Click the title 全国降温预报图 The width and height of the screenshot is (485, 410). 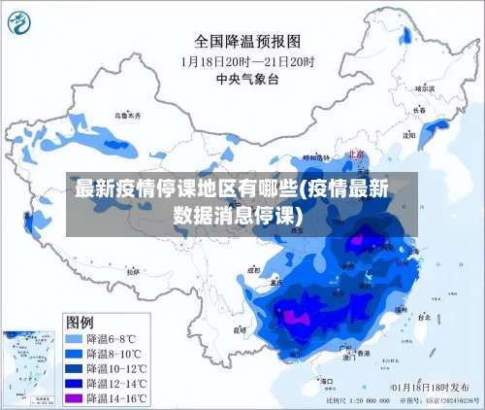[247, 41]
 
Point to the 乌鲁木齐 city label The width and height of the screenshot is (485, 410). [127, 115]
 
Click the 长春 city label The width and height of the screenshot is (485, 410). [419, 110]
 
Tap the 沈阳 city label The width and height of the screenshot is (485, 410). [408, 135]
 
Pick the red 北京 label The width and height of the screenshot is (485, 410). [354, 154]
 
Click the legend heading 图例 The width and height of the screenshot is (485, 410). [80, 321]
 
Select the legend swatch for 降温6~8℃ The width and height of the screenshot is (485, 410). [74, 339]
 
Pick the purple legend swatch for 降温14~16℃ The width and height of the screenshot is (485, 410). [74, 398]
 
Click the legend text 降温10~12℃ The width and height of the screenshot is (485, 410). [117, 369]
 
